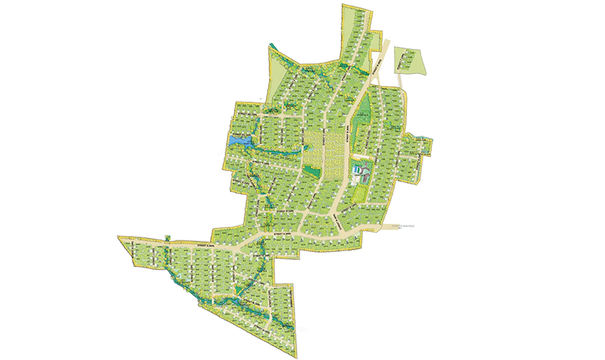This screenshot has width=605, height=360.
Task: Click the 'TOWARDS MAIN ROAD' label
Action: [403, 227]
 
